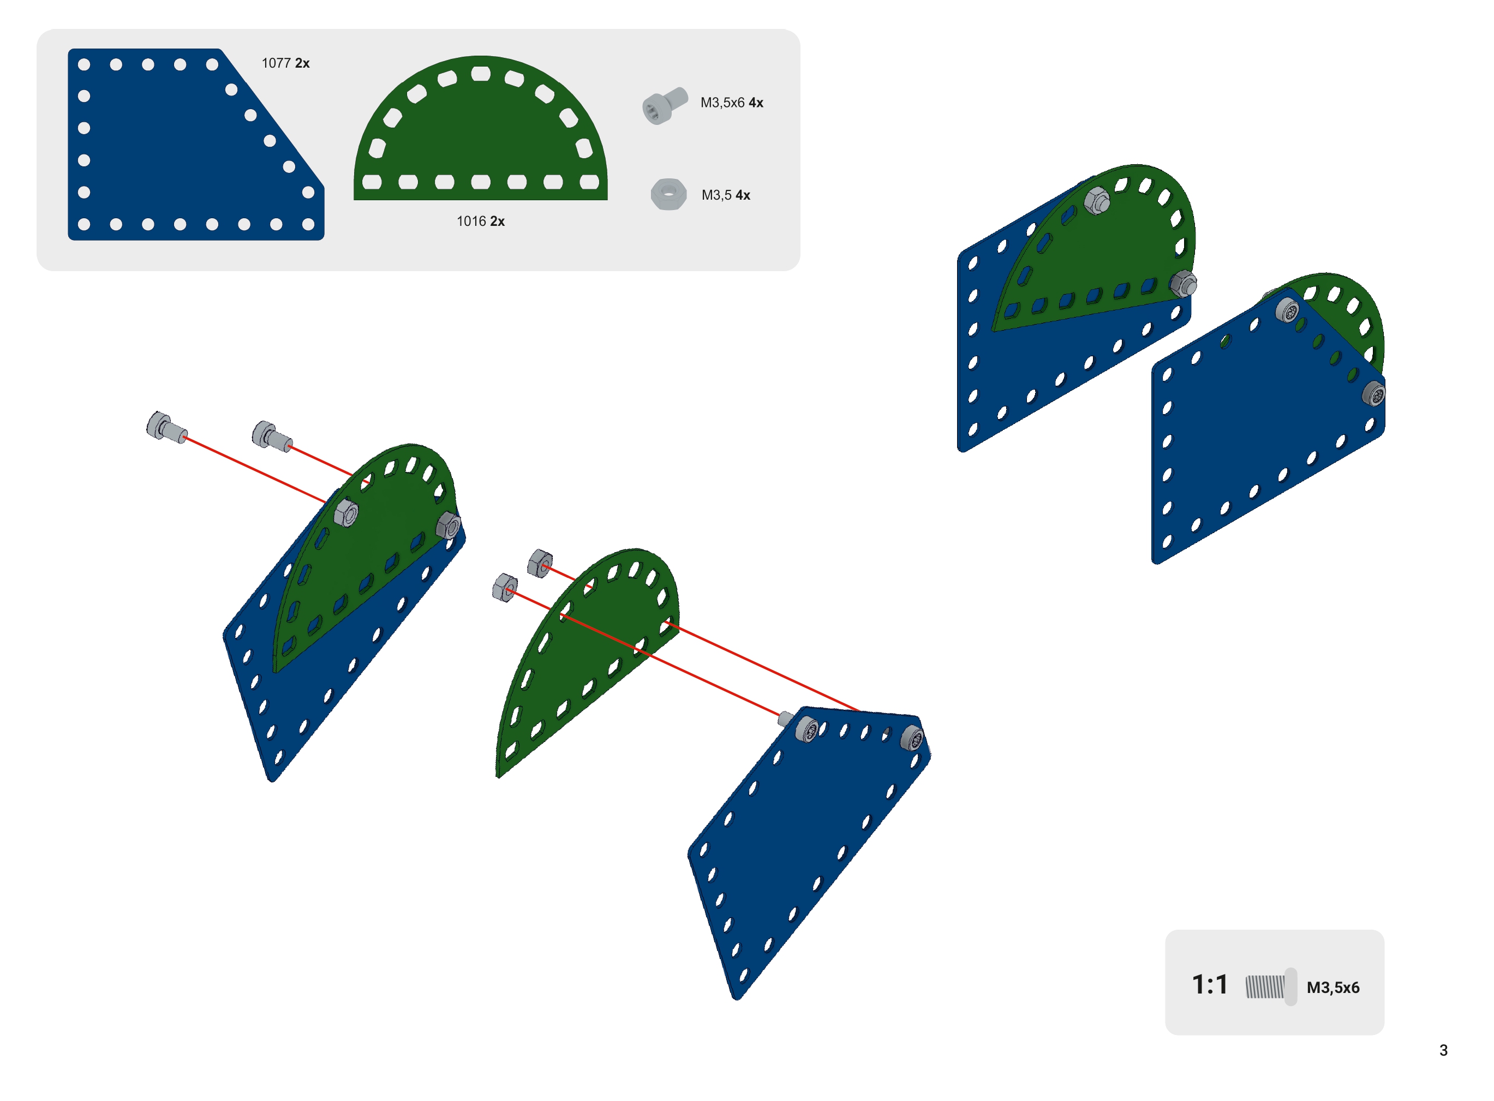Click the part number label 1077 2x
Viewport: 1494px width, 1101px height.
pyautogui.click(x=285, y=63)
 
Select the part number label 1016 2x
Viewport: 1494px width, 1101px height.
pyautogui.click(x=481, y=222)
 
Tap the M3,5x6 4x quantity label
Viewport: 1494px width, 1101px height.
pyautogui.click(x=732, y=103)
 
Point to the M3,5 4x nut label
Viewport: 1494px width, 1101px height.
pyautogui.click(x=726, y=195)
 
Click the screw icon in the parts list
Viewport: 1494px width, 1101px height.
pyautogui.click(x=665, y=105)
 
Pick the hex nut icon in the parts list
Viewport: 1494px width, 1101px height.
pyautogui.click(x=668, y=194)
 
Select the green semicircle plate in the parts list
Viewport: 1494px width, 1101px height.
pyautogui.click(x=481, y=128)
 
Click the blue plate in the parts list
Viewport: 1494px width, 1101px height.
pyautogui.click(x=196, y=144)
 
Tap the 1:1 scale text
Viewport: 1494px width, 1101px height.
pyautogui.click(x=1210, y=984)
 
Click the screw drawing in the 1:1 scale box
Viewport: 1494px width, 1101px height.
pyautogui.click(x=1271, y=986)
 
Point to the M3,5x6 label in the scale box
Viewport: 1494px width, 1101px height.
pyautogui.click(x=1332, y=988)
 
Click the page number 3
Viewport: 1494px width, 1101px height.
pyautogui.click(x=1443, y=1050)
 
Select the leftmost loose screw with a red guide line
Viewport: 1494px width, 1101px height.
pyautogui.click(x=166, y=427)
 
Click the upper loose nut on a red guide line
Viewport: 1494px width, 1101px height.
pyautogui.click(x=540, y=564)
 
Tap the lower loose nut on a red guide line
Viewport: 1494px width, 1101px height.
pyautogui.click(x=504, y=588)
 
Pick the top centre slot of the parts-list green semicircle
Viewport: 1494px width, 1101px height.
pyautogui.click(x=481, y=73)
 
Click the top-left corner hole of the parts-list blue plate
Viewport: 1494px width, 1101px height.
pyautogui.click(x=84, y=64)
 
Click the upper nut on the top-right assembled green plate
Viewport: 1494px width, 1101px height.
pyautogui.click(x=1097, y=200)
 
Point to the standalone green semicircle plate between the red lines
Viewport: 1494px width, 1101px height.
pyautogui.click(x=587, y=660)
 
